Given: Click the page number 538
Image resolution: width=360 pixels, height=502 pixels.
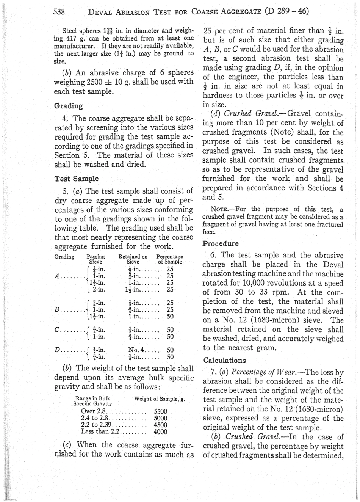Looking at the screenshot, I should pos(59,11).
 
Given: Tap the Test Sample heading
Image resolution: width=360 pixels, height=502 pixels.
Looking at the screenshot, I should pos(77,178).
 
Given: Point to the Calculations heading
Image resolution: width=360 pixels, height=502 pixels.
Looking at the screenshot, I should pos(225,360).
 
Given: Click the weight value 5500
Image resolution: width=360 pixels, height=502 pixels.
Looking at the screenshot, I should pos(160,411).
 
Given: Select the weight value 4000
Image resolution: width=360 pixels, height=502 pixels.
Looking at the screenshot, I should pos(160,431).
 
